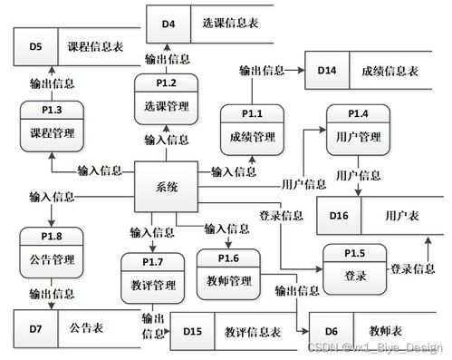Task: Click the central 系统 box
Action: (x=167, y=187)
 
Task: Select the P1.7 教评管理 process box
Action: (x=152, y=277)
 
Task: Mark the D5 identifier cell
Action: (x=35, y=45)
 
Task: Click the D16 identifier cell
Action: (x=338, y=217)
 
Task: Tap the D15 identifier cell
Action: (x=192, y=332)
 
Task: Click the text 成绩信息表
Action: (x=389, y=70)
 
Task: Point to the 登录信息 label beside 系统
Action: (x=281, y=216)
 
